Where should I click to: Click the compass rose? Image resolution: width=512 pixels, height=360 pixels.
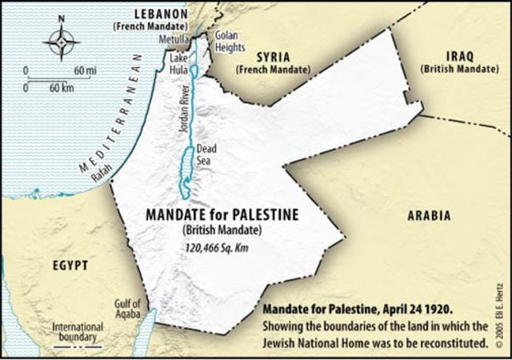pyautogui.click(x=61, y=42)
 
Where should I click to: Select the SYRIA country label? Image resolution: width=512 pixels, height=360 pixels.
pyautogui.click(x=272, y=58)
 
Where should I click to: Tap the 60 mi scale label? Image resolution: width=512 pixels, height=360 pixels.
pyautogui.click(x=85, y=71)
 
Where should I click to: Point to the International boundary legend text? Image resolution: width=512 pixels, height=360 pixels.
pyautogui.click(x=77, y=331)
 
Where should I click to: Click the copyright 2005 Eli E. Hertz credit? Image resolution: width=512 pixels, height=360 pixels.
pyautogui.click(x=501, y=312)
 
